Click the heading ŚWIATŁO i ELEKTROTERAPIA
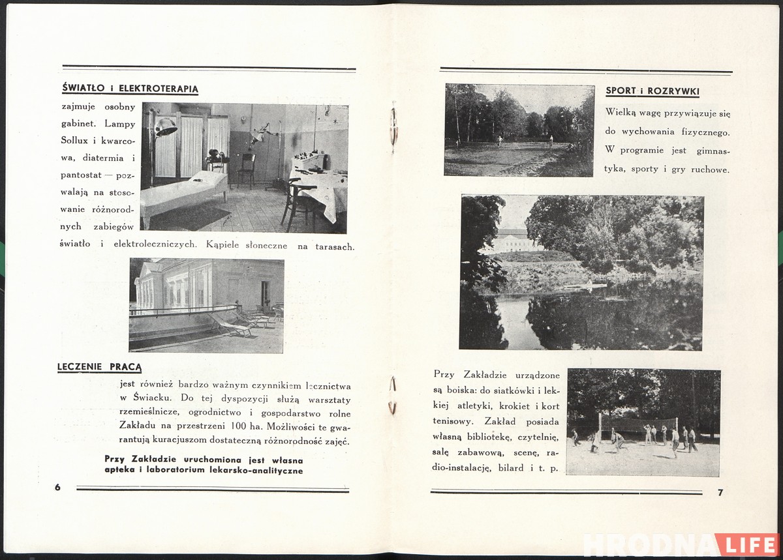[129, 89]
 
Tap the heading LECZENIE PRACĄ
[99, 367]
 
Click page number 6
[57, 488]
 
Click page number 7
[720, 492]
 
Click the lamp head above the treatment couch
[165, 127]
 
